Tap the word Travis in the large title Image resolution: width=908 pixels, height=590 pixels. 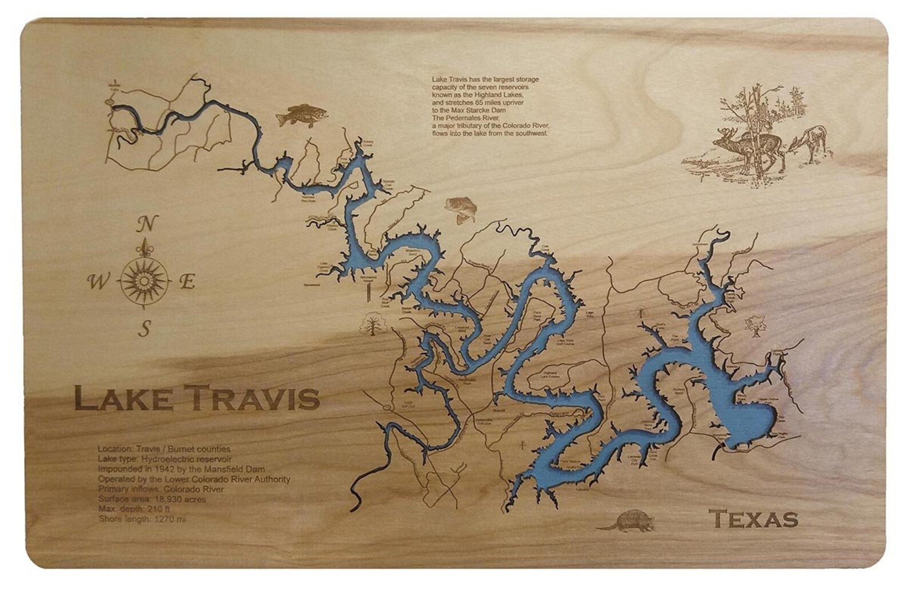pos(252,399)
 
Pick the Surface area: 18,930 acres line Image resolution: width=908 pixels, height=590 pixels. pos(152,500)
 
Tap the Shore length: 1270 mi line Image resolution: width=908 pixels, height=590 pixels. pos(142,519)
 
